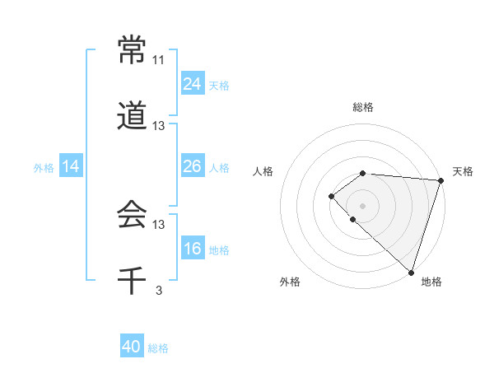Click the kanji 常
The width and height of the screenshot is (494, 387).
pyautogui.click(x=132, y=49)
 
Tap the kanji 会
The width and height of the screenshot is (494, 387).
pyautogui.click(x=132, y=215)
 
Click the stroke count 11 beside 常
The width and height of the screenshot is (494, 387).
pyautogui.click(x=159, y=60)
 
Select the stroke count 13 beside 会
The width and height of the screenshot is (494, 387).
pyautogui.click(x=159, y=225)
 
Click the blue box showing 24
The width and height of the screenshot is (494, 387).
pyautogui.click(x=193, y=83)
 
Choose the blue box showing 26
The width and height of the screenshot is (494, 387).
pyautogui.click(x=193, y=166)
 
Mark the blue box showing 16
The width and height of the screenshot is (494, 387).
pyautogui.click(x=193, y=249)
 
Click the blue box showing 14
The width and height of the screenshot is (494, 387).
pyautogui.click(x=71, y=166)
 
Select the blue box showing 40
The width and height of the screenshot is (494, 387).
pyautogui.click(x=132, y=347)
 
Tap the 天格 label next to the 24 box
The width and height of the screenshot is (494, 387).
pyautogui.click(x=219, y=85)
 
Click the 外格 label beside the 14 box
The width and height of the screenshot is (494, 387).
pyautogui.click(x=44, y=168)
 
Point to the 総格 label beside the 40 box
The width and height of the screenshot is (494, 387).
pyautogui.click(x=158, y=348)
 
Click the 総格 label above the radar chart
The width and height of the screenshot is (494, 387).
pyautogui.click(x=363, y=107)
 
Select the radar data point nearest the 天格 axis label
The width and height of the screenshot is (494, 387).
pyautogui.click(x=441, y=180)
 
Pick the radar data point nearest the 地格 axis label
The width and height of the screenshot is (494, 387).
pyautogui.click(x=411, y=272)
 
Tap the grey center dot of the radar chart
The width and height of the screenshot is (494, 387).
pyautogui.click(x=362, y=204)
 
